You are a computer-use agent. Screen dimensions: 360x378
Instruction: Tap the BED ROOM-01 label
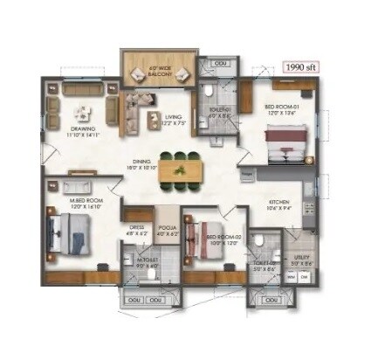283,108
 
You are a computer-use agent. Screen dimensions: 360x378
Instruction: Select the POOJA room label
167,230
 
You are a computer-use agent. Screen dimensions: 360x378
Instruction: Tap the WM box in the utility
292,276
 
